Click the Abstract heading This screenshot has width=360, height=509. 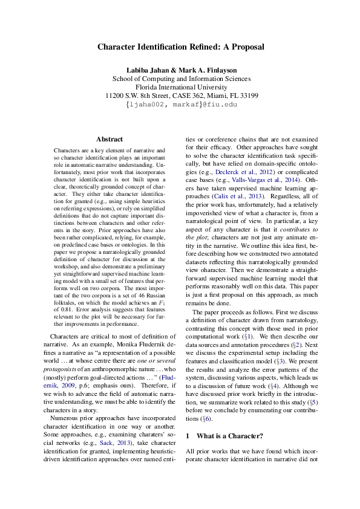pyautogui.click(x=109, y=139)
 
